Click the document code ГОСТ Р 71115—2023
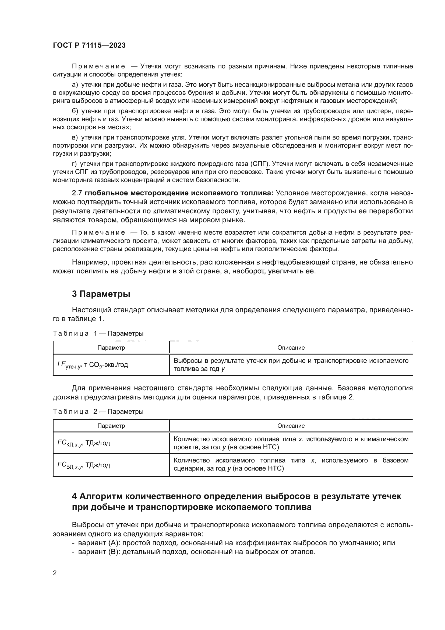click(89, 45)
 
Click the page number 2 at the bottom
click(55, 573)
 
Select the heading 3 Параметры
click(101, 294)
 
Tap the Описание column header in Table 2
click(291, 426)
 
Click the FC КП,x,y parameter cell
click(84, 443)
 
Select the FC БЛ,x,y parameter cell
click(84, 465)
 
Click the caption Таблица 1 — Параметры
click(98, 334)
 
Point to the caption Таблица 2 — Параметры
click(98, 412)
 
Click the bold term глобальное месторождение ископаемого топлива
click(179, 193)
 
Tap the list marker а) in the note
click(75, 85)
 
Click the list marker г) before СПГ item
click(74, 164)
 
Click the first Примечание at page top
click(98, 67)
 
